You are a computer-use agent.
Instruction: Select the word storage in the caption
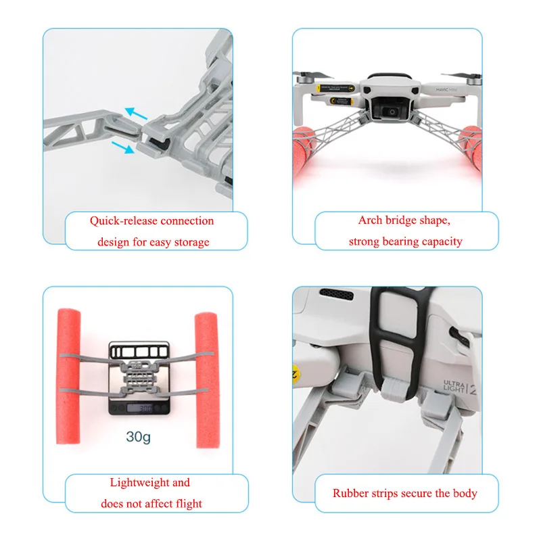191,241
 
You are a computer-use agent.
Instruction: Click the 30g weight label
139,437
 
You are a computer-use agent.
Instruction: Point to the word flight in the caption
187,503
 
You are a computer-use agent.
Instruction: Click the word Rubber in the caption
350,493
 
